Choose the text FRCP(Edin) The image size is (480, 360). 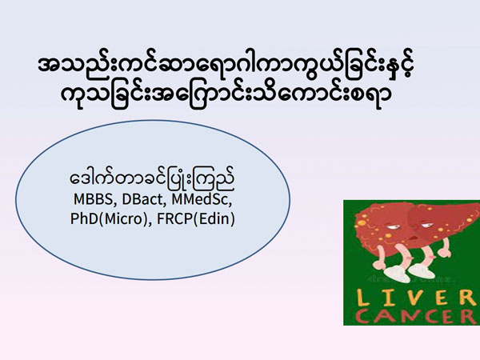point(196,219)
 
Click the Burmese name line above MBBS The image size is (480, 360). point(152,180)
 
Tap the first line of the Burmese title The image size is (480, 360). point(226,66)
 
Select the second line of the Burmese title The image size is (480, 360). point(226,95)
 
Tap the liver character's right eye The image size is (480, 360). point(426,226)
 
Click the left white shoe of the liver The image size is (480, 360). point(398,274)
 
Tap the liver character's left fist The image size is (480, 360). point(377,264)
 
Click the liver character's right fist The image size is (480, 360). point(444,252)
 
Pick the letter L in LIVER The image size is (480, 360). point(363,298)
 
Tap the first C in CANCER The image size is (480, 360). point(365,316)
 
